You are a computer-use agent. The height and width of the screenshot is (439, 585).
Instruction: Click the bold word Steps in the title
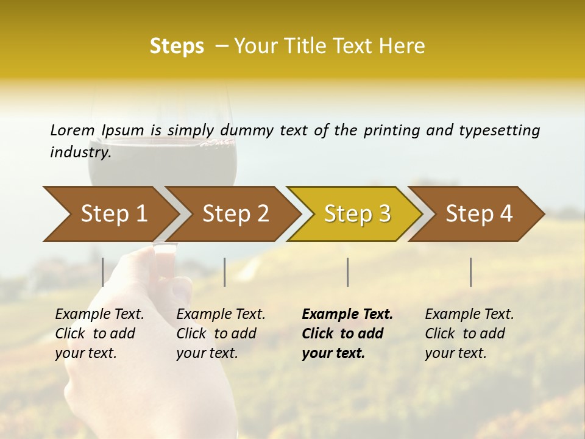pyautogui.click(x=177, y=46)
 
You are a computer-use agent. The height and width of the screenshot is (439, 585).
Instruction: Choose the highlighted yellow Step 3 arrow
pyautogui.click(x=357, y=214)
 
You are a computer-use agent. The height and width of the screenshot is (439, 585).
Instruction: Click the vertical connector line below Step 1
pyautogui.click(x=103, y=272)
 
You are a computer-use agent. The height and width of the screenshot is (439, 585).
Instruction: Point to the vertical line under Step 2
pyautogui.click(x=225, y=272)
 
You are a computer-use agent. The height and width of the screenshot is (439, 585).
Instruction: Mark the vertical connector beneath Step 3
pyautogui.click(x=347, y=272)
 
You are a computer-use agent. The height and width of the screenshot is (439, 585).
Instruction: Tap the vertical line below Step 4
pyautogui.click(x=470, y=272)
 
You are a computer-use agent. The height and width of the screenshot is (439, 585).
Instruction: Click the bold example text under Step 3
pyautogui.click(x=347, y=334)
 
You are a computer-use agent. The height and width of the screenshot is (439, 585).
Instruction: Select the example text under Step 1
pyautogui.click(x=99, y=334)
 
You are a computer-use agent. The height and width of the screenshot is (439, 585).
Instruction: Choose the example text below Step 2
pyautogui.click(x=221, y=334)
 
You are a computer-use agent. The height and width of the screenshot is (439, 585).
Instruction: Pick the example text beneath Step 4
pyautogui.click(x=469, y=334)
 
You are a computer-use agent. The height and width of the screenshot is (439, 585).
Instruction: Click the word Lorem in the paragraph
pyautogui.click(x=73, y=130)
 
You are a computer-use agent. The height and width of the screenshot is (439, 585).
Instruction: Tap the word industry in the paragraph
pyautogui.click(x=79, y=152)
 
